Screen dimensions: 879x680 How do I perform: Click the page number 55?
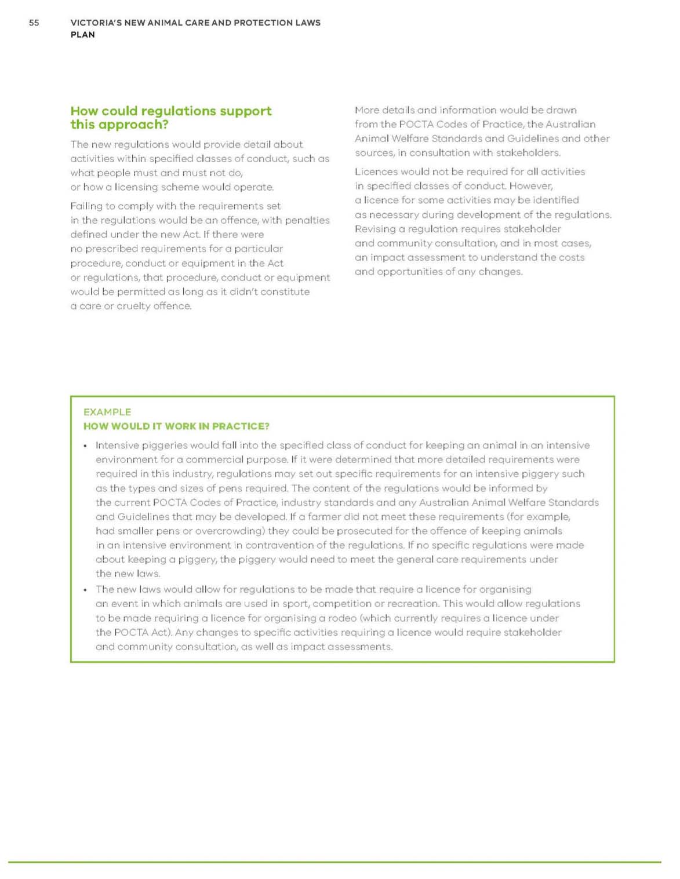click(34, 23)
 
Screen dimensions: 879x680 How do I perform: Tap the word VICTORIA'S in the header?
click(96, 23)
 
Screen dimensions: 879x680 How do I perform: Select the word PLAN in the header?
click(83, 35)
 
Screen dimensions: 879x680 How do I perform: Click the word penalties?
click(305, 220)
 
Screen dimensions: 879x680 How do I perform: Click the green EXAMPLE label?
click(107, 412)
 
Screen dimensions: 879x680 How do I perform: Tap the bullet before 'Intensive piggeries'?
click(86, 446)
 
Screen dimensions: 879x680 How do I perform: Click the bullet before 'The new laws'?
click(86, 590)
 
